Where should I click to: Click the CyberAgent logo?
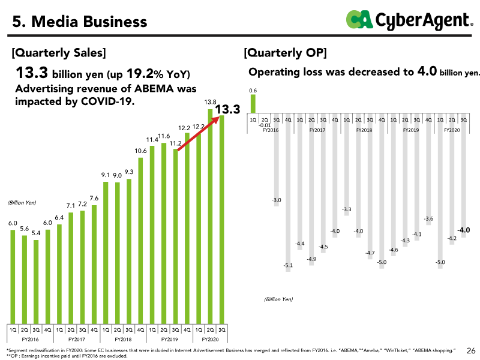pos(409,20)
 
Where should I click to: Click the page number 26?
pos(471,350)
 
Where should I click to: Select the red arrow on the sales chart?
pos(199,133)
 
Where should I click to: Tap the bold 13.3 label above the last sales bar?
pos(227,109)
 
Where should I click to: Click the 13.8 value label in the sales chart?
pos(211,102)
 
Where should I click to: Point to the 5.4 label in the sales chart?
pos(36,233)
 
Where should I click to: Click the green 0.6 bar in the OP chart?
pos(253,104)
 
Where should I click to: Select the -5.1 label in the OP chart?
pos(288,265)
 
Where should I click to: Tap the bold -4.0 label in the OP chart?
pos(463,230)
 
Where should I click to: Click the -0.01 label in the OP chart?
pos(265,125)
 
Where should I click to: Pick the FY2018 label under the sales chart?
pos(123,340)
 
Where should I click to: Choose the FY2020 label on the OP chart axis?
pos(452,130)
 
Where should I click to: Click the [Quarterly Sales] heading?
pos(59,53)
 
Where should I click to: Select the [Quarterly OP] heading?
pos(286,53)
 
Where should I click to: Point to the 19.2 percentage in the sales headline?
pos(140,73)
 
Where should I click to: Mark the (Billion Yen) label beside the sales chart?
pos(22,203)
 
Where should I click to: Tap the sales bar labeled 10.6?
pos(140,241)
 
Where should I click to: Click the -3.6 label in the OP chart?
pos(428,219)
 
